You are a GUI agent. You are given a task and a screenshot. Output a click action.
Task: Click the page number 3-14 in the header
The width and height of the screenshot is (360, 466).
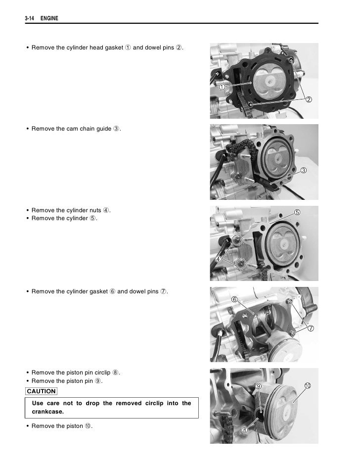point(29,18)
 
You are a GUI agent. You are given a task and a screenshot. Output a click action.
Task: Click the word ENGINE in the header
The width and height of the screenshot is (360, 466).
point(49,18)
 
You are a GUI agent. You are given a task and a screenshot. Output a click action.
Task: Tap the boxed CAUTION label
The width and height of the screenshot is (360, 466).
point(41,391)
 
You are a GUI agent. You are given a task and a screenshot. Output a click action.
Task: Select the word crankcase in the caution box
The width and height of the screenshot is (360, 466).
point(47,412)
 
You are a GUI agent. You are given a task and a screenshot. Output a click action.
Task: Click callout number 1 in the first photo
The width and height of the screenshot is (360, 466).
point(222,87)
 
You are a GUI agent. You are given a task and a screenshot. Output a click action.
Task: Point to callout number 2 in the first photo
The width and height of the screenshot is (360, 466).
point(309,99)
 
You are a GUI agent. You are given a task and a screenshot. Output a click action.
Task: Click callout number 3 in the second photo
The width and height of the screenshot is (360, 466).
point(303,170)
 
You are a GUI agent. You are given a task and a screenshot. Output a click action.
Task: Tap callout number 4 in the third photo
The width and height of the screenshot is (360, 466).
point(218,259)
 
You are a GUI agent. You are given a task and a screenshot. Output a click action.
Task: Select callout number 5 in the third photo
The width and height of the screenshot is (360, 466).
point(297,212)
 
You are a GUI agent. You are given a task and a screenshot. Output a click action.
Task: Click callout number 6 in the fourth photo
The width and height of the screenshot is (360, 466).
point(234,299)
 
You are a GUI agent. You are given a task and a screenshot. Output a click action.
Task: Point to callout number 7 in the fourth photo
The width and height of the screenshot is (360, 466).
point(311,328)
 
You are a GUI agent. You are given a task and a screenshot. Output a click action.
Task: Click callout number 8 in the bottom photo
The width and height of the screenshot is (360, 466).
point(244,430)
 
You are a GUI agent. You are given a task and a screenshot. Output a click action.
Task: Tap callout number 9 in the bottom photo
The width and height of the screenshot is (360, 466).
point(259,386)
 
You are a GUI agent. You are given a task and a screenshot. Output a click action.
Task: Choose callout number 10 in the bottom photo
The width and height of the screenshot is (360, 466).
point(308,386)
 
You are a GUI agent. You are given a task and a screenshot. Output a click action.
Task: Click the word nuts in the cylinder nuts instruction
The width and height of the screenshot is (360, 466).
point(95,210)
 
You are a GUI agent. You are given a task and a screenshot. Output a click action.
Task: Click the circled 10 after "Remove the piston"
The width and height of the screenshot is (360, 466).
point(88,426)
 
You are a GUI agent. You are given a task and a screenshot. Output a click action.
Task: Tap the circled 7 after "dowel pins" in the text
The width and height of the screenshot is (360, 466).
point(163,291)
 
